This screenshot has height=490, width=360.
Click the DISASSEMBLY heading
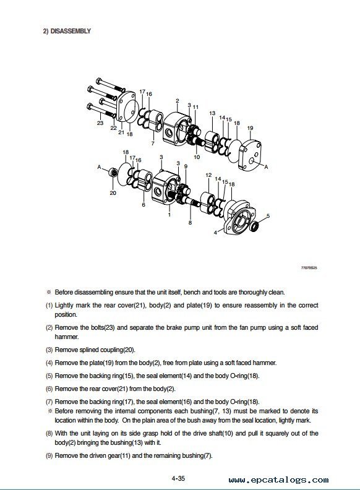(x=67, y=32)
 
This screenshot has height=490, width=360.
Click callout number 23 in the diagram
(x=100, y=123)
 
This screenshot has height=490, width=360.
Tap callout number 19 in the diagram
(x=250, y=128)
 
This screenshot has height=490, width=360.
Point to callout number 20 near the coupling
(x=113, y=193)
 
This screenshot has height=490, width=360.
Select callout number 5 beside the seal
(x=268, y=216)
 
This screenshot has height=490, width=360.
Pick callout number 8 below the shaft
(x=190, y=223)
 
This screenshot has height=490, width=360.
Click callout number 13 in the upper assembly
(x=212, y=113)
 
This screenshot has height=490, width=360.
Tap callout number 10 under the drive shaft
(x=197, y=157)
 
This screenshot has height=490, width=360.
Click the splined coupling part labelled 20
(x=113, y=173)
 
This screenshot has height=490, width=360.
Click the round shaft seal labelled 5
(x=254, y=226)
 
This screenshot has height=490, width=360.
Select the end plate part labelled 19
(x=249, y=155)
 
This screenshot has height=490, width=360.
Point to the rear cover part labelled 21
(x=127, y=107)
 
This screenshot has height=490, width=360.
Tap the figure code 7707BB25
(x=309, y=268)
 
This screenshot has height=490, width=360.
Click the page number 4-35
(x=178, y=478)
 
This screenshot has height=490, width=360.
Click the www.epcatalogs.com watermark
(x=278, y=480)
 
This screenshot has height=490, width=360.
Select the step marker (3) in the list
(x=49, y=350)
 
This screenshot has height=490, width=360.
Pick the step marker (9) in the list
(x=49, y=456)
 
